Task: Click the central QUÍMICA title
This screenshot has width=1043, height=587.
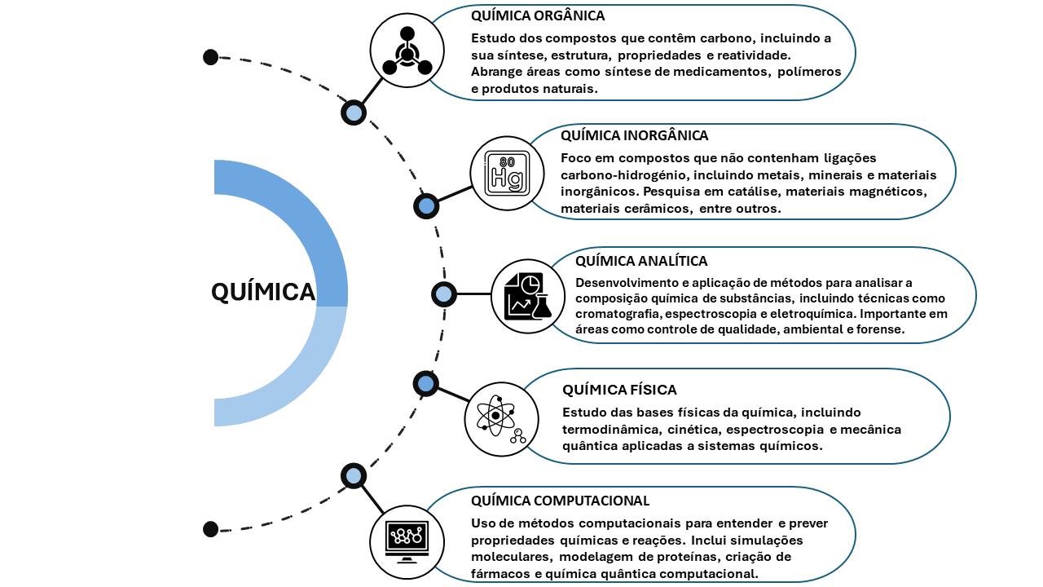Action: click(262, 292)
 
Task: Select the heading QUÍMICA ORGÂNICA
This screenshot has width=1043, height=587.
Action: click(538, 15)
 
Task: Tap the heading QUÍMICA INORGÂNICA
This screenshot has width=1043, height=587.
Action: click(634, 135)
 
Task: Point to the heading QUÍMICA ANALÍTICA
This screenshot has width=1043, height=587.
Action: click(641, 261)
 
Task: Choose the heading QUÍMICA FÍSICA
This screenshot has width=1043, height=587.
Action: click(619, 390)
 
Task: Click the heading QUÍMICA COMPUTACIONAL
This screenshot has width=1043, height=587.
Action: click(560, 501)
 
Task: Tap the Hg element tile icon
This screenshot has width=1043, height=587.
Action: click(507, 173)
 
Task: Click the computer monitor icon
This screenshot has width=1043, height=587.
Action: click(407, 538)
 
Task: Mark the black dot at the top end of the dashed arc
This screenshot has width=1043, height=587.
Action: click(210, 57)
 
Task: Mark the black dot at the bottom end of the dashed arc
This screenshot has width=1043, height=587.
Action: click(210, 528)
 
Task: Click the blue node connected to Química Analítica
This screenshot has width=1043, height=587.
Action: click(443, 294)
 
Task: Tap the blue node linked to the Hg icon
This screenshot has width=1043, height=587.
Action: click(425, 205)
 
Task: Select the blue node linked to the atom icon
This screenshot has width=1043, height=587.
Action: click(425, 383)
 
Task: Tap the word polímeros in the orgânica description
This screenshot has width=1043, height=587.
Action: click(808, 72)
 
